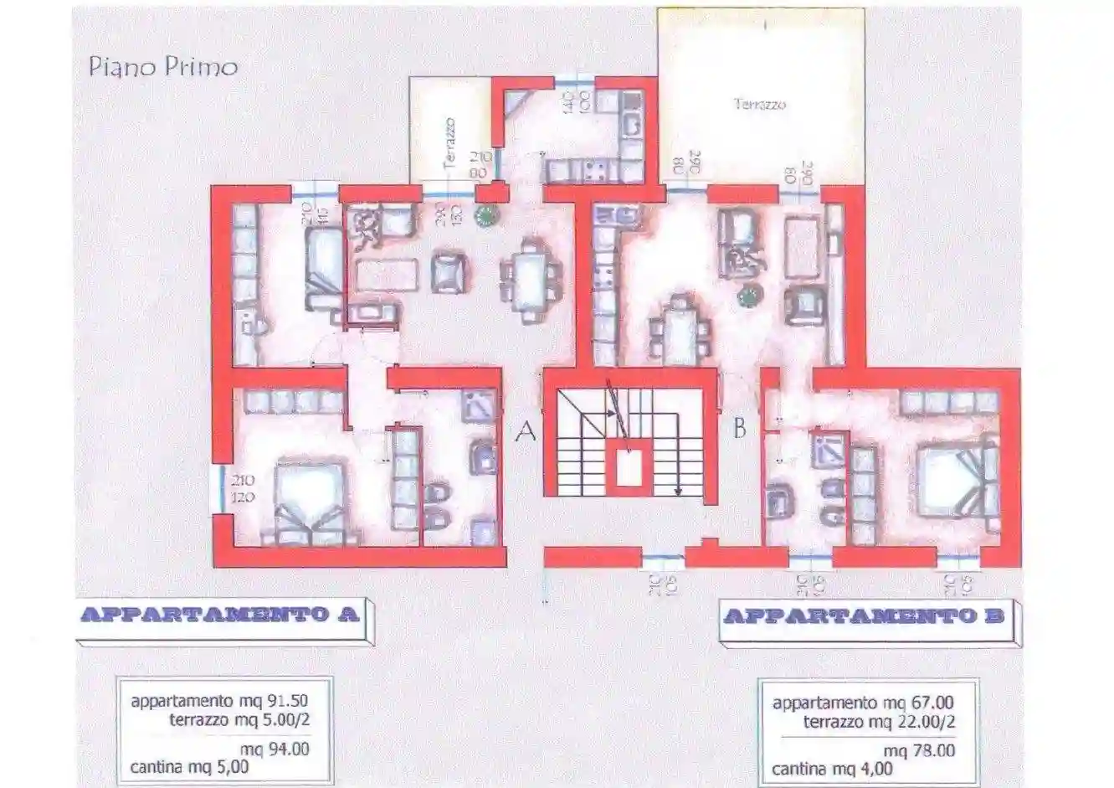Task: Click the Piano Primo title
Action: (x=163, y=66)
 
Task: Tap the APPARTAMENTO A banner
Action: (x=220, y=615)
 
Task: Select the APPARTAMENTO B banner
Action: (x=863, y=617)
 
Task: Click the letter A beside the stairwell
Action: (x=526, y=431)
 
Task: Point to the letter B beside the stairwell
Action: (x=739, y=429)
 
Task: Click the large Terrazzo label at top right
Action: (x=760, y=105)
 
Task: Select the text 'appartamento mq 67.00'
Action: (x=863, y=703)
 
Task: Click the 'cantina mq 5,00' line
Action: (x=189, y=765)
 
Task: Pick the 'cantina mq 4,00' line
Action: (x=832, y=769)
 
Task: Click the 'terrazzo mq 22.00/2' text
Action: (x=879, y=722)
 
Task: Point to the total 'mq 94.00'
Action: (x=275, y=749)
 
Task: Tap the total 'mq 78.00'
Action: (x=919, y=751)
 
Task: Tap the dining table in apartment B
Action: (x=681, y=331)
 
